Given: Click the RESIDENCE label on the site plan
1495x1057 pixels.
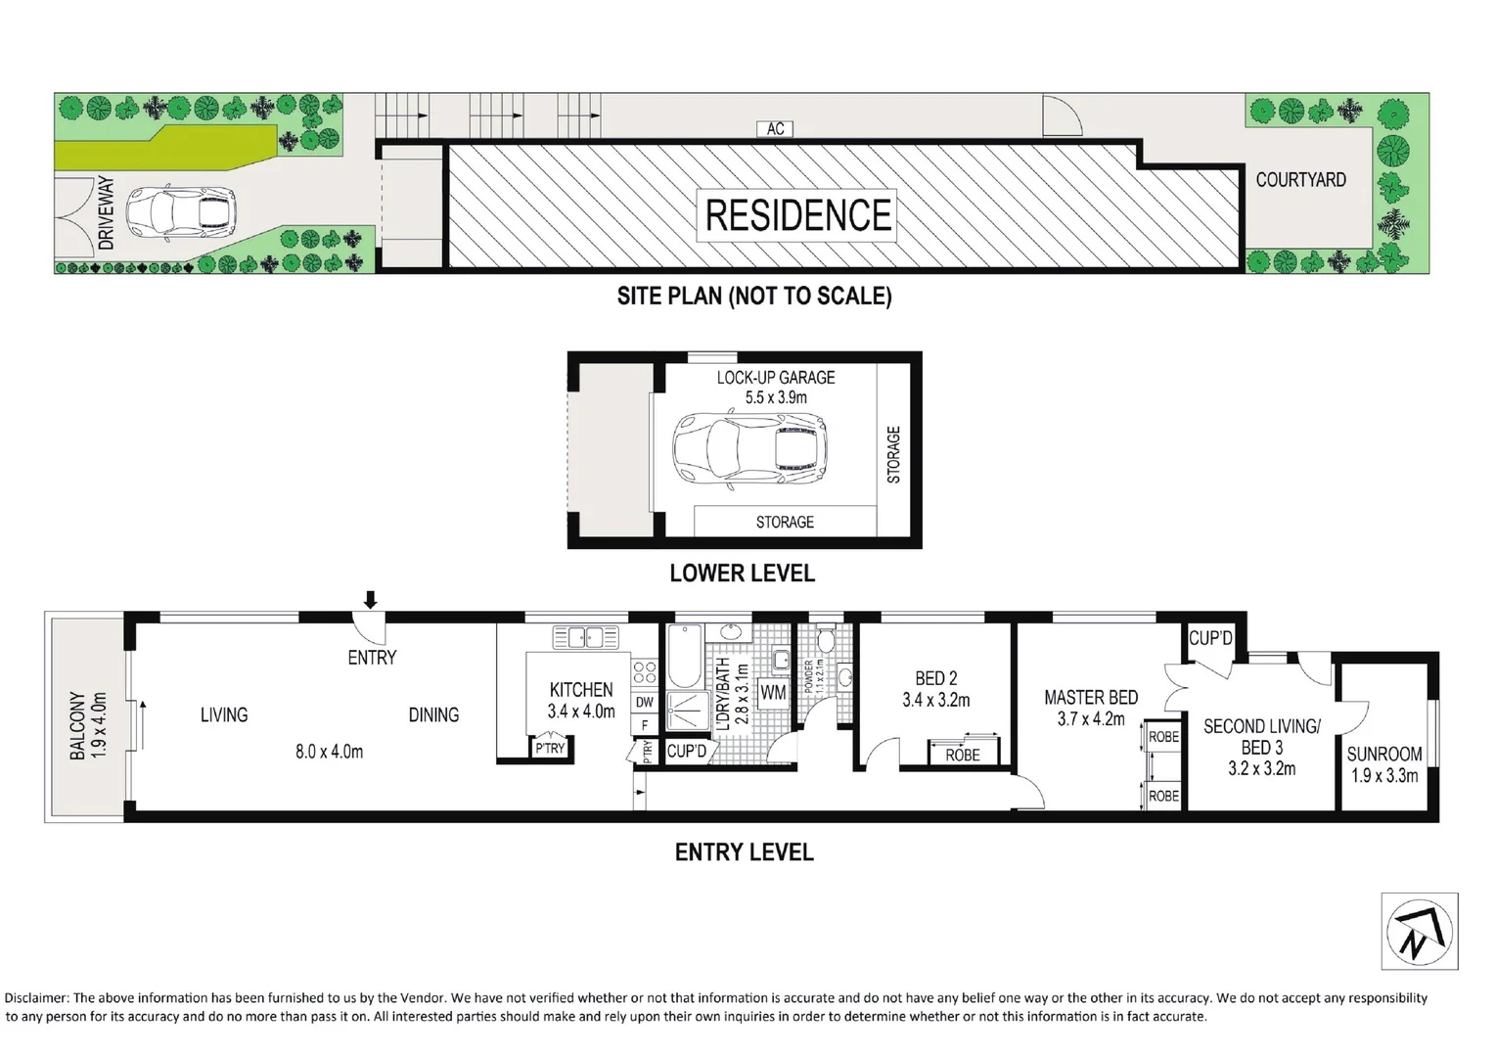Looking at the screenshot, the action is click(x=797, y=214).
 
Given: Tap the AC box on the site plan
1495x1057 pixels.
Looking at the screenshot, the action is click(x=775, y=129).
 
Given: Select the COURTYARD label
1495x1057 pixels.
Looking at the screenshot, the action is click(x=1300, y=180).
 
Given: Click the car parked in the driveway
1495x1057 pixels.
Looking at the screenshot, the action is click(x=182, y=213).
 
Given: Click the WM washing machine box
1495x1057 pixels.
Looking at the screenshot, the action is click(x=774, y=692).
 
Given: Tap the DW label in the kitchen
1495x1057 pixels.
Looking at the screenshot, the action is click(x=645, y=702).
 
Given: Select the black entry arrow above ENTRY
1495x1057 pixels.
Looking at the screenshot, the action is click(x=371, y=599).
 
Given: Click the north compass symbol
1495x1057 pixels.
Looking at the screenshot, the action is click(x=1420, y=931).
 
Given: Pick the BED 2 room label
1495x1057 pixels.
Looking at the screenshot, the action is click(x=935, y=678).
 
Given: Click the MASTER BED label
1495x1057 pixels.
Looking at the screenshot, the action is click(x=1091, y=698).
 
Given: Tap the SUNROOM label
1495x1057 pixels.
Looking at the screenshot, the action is click(x=1384, y=754).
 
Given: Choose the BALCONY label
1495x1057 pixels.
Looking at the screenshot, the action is click(x=77, y=725).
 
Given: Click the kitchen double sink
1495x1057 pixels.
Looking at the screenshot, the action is click(x=585, y=636).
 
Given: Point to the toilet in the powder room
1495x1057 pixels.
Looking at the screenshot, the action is click(x=826, y=640).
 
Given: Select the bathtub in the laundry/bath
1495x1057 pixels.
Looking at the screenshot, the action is click(x=685, y=656).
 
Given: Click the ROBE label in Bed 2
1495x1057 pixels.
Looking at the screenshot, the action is click(x=963, y=756).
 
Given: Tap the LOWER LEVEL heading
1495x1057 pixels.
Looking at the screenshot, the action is click(x=743, y=573).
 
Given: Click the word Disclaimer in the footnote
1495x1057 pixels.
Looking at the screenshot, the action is click(x=37, y=998).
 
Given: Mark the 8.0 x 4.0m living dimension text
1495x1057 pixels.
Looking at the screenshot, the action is click(x=330, y=752).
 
